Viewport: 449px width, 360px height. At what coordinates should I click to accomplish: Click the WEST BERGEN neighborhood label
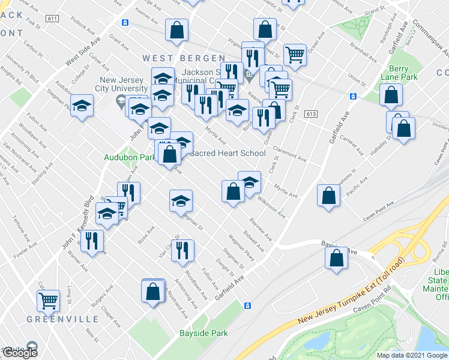[169, 58]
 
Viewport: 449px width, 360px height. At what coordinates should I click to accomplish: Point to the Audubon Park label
[130, 157]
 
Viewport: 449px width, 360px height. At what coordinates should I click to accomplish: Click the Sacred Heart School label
[228, 153]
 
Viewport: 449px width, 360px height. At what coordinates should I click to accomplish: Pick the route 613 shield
[310, 114]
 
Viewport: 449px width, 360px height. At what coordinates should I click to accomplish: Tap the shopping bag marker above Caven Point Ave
[328, 195]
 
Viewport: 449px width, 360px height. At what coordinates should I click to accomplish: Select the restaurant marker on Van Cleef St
[182, 249]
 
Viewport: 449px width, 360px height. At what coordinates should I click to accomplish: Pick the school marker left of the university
[82, 105]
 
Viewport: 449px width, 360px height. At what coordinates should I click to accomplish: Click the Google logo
[19, 353]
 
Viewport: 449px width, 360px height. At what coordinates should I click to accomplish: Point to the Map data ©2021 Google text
[411, 355]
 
